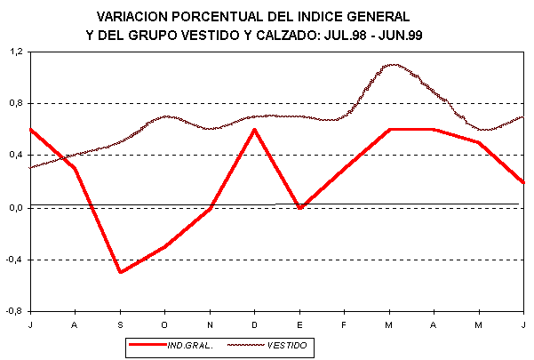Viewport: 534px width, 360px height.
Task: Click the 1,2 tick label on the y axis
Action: coord(16,52)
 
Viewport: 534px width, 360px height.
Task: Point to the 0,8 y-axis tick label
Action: coord(16,104)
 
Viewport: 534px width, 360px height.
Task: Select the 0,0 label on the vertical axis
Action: coord(16,208)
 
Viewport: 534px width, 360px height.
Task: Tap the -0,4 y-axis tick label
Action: coord(15,260)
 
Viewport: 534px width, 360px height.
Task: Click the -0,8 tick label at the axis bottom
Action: coord(15,312)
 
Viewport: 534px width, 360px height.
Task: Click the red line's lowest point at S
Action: coord(120,272)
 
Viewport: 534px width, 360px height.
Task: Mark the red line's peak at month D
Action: coord(255,130)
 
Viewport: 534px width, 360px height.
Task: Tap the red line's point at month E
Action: coord(300,208)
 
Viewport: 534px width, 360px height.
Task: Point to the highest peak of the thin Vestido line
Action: coord(392,65)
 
